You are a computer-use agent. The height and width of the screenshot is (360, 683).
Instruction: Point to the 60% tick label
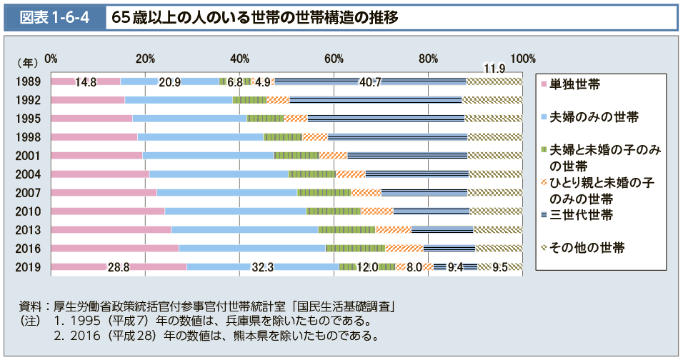(x=334, y=58)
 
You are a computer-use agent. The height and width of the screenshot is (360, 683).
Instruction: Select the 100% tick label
(x=523, y=58)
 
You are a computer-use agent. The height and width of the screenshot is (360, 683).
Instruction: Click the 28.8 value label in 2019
(x=118, y=267)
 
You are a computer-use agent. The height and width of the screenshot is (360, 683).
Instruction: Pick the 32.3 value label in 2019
(x=263, y=267)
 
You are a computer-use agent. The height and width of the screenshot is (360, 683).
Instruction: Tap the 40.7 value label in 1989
(x=370, y=81)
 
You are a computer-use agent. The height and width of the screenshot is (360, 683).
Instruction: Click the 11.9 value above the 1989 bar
(x=494, y=69)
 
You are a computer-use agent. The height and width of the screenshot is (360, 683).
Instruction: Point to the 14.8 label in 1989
(x=86, y=81)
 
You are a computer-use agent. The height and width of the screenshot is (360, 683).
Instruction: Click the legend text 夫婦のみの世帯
(x=594, y=117)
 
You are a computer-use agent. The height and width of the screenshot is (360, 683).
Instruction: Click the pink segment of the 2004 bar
(x=100, y=174)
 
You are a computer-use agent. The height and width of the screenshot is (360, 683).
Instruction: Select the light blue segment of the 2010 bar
(x=235, y=211)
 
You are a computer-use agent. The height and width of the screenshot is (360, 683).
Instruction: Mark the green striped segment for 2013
(x=347, y=229)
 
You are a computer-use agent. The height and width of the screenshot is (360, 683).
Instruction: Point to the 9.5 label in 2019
(x=499, y=267)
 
